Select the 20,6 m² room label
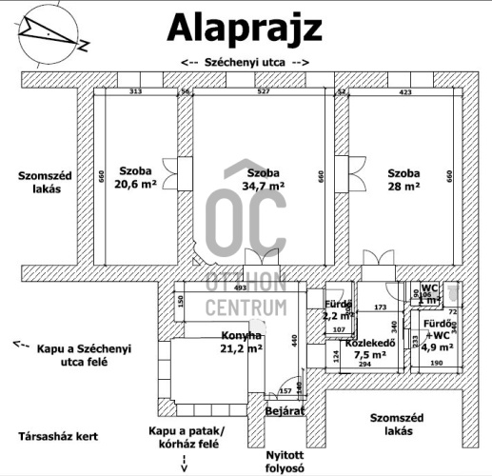pos(136,180)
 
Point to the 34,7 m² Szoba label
pos(264,180)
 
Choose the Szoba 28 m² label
pos(403,180)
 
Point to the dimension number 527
pos(264,92)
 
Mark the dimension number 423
pos(406,92)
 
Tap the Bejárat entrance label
pos(284,410)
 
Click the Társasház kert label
pos(58,437)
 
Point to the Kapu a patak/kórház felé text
pos(184,437)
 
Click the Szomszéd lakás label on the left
pos(39,181)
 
